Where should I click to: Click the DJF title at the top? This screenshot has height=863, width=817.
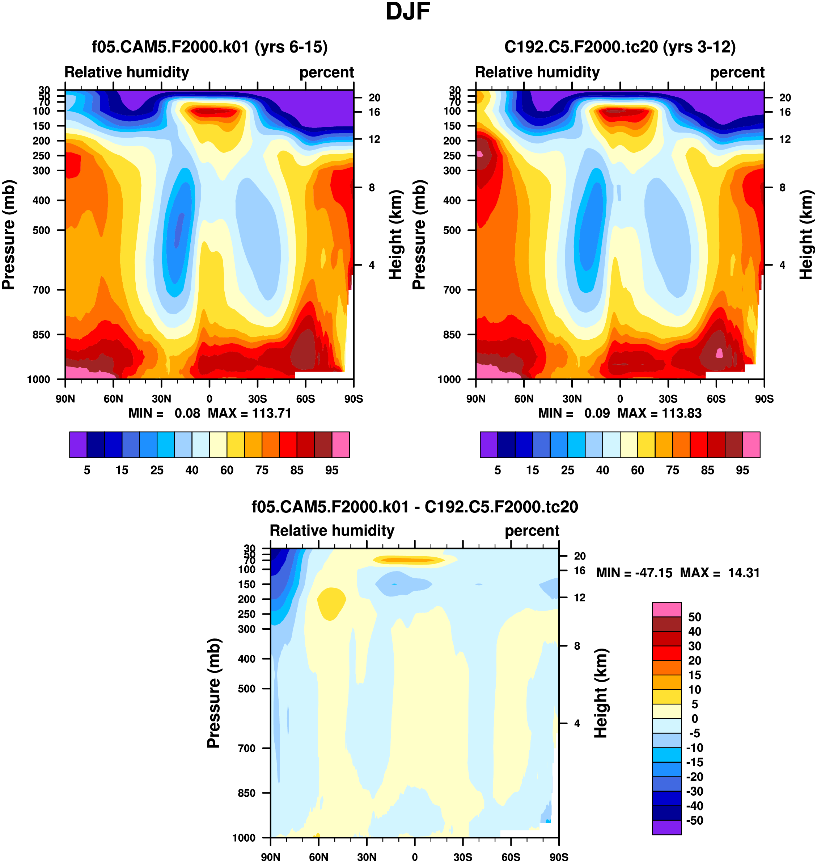(x=408, y=12)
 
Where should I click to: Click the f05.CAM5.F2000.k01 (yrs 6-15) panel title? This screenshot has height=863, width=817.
(x=209, y=47)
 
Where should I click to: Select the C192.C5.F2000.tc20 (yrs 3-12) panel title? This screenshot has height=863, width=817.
(x=620, y=47)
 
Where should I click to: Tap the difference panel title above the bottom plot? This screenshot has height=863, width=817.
(x=415, y=507)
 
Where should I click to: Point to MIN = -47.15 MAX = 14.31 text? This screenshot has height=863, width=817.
(x=678, y=573)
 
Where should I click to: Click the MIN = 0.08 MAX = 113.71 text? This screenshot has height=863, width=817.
(x=209, y=413)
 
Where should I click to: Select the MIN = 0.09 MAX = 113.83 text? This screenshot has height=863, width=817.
(x=620, y=413)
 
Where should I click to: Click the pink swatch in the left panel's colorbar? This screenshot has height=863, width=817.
(x=340, y=445)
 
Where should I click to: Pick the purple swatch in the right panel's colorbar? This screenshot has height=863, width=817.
(x=488, y=445)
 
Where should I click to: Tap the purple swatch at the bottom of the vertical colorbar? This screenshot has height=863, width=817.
(x=666, y=827)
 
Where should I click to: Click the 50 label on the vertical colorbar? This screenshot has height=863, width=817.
(x=695, y=617)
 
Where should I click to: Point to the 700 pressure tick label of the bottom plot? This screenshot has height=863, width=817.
(x=246, y=748)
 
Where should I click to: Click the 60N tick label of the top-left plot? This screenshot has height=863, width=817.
(x=113, y=399)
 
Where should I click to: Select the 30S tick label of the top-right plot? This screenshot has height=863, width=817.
(x=668, y=399)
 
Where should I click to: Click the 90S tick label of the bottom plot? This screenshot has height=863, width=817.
(x=559, y=857)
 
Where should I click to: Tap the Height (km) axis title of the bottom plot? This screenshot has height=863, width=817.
(x=601, y=693)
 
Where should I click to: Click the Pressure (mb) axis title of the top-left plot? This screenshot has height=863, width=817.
(x=8, y=235)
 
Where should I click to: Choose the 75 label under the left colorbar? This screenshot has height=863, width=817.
(x=262, y=470)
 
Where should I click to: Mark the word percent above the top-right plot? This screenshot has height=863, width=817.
(x=737, y=72)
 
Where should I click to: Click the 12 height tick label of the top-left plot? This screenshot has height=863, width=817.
(x=374, y=139)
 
